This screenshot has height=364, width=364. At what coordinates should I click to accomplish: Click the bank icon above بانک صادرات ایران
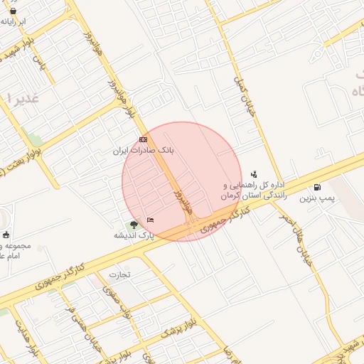(144, 140)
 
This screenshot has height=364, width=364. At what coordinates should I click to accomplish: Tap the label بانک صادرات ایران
(144, 151)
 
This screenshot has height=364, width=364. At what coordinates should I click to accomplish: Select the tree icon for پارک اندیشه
(134, 225)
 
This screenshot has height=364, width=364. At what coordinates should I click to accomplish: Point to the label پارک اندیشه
(134, 235)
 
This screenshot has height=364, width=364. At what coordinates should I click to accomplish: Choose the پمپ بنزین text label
(313, 198)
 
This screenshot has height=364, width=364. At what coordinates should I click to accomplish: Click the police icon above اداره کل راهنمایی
(254, 174)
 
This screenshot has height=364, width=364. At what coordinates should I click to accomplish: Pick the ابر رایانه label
(14, 22)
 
